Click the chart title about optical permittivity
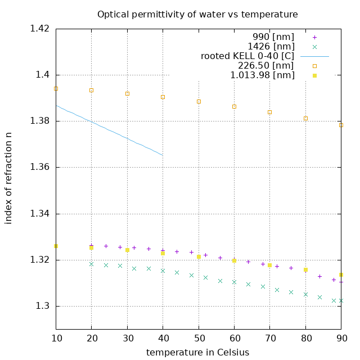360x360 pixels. [x=197, y=14]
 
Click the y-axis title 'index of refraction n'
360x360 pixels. [x=8, y=178]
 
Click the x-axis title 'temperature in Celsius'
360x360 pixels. [x=197, y=352]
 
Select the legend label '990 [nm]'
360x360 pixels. [x=271, y=37]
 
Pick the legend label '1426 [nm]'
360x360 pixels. [x=271, y=46]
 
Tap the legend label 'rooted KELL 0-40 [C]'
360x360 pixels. [x=247, y=56]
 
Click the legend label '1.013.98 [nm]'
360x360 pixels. [x=262, y=75]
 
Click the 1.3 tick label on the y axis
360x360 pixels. [x=42, y=306]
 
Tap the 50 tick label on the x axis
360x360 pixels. [x=199, y=339]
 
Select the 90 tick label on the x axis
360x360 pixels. [x=341, y=339]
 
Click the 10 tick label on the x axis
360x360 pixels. [x=56, y=339]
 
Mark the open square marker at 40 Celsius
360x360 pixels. [x=163, y=97]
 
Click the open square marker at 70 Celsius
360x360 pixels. [x=270, y=112]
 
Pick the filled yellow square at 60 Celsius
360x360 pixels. [x=234, y=260]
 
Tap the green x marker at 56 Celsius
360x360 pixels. [x=220, y=281]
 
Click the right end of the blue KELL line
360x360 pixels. [x=163, y=155]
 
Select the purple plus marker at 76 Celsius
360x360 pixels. [x=291, y=268]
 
